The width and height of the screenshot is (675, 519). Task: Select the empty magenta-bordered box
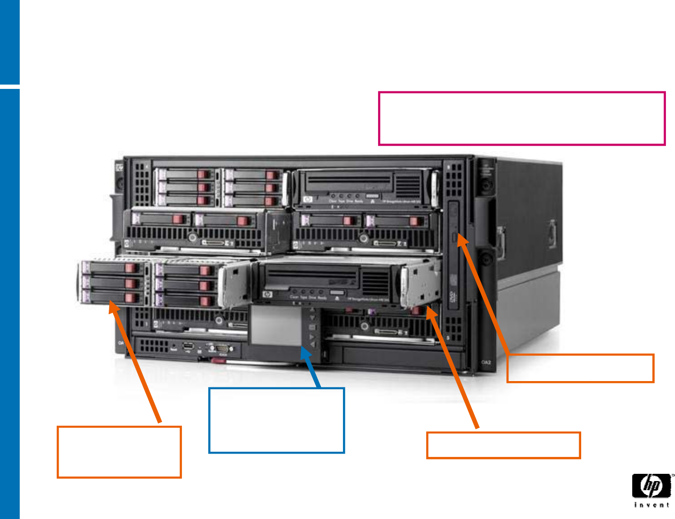tap(522, 118)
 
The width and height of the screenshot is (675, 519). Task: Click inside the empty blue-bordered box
tap(276, 420)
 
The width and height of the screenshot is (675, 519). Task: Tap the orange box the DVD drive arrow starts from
tap(580, 368)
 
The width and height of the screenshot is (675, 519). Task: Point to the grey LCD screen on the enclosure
tap(276, 325)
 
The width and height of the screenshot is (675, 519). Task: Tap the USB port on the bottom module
tap(188, 346)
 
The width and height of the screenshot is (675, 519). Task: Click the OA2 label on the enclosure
tap(486, 362)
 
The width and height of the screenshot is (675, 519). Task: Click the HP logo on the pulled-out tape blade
tap(267, 294)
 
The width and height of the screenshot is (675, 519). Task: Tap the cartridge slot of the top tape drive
tap(349, 183)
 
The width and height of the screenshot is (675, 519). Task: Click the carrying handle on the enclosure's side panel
tap(501, 243)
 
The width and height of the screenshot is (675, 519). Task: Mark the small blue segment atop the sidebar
tap(10, 42)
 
